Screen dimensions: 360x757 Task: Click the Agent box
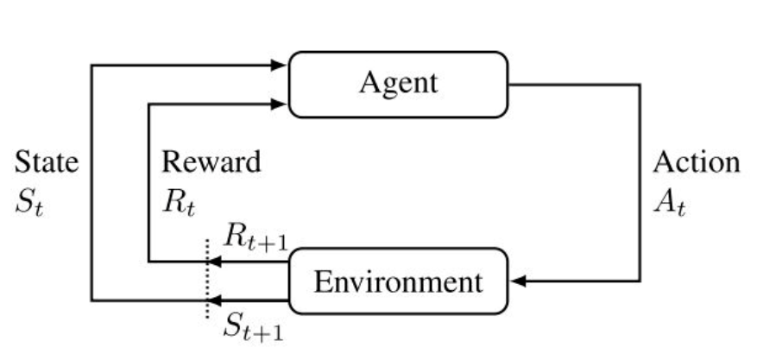[398, 84]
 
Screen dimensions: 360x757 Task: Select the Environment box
[398, 281]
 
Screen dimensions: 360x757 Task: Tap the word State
[47, 162]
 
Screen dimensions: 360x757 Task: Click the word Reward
[211, 162]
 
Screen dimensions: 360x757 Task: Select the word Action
[696, 162]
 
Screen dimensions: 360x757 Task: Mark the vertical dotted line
[207, 276]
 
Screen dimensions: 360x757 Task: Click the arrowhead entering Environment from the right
[517, 281]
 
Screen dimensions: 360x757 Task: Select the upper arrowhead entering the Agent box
[280, 65]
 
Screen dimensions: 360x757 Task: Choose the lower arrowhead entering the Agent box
[280, 104]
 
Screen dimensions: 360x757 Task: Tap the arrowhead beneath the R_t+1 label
[215, 261]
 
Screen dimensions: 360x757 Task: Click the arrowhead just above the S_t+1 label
[215, 300]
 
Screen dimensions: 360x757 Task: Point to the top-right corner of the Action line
[640, 85]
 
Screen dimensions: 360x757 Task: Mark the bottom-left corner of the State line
[91, 300]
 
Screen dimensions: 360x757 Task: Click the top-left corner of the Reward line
[149, 104]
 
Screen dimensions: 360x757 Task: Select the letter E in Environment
[320, 281]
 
